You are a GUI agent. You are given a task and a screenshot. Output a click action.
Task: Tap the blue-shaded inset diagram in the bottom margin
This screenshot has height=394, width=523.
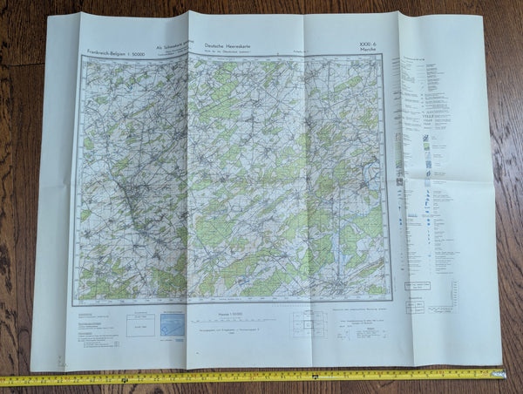point(173,326)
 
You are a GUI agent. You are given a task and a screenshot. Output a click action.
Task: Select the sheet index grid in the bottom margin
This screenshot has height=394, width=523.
point(306,324)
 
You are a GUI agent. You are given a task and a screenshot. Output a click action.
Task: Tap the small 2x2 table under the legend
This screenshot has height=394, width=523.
point(415,306)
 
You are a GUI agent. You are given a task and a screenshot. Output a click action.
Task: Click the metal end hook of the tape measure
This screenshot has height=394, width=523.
point(503,374)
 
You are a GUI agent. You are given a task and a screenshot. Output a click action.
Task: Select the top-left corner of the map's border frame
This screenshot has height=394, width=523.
point(80,58)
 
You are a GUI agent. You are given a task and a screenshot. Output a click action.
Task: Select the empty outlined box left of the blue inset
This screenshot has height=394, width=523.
point(139,326)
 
